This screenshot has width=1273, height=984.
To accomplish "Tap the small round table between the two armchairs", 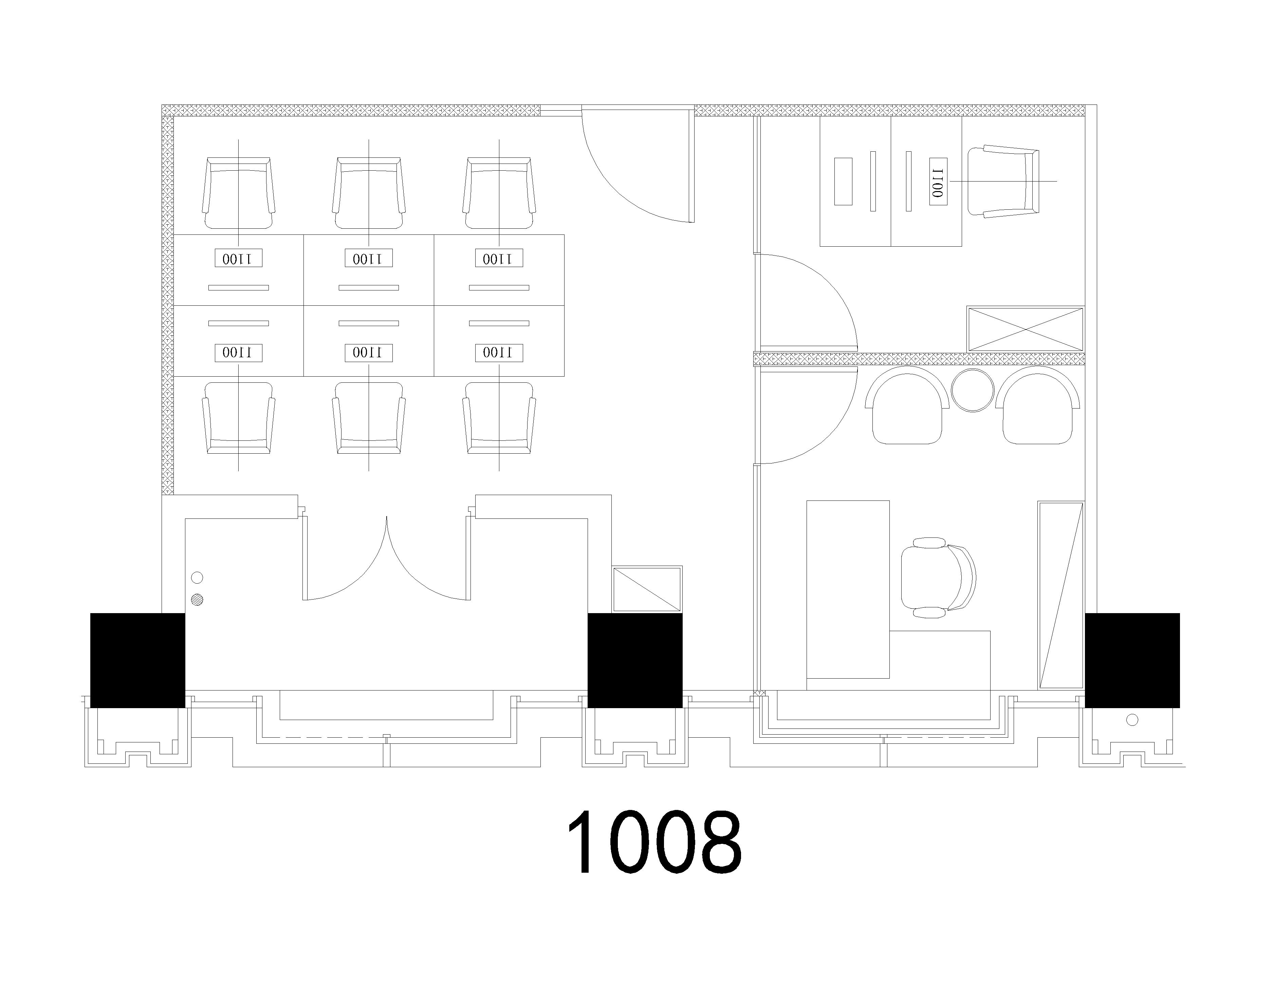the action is [972, 390].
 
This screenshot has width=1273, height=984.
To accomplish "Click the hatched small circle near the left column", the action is [197, 599].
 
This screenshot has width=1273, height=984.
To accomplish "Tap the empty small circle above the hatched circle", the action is [197, 578].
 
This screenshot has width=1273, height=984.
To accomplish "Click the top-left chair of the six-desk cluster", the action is [238, 193].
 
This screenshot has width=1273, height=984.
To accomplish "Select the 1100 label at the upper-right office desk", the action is [938, 181].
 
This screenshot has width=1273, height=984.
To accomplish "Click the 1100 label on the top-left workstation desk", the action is [238, 258].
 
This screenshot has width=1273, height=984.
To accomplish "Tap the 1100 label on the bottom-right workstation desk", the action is [499, 353].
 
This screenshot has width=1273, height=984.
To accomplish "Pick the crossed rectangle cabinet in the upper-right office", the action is [1025, 329].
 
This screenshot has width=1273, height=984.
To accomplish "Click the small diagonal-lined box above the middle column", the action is [647, 589].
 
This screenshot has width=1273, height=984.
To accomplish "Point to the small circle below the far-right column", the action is [1132, 720].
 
